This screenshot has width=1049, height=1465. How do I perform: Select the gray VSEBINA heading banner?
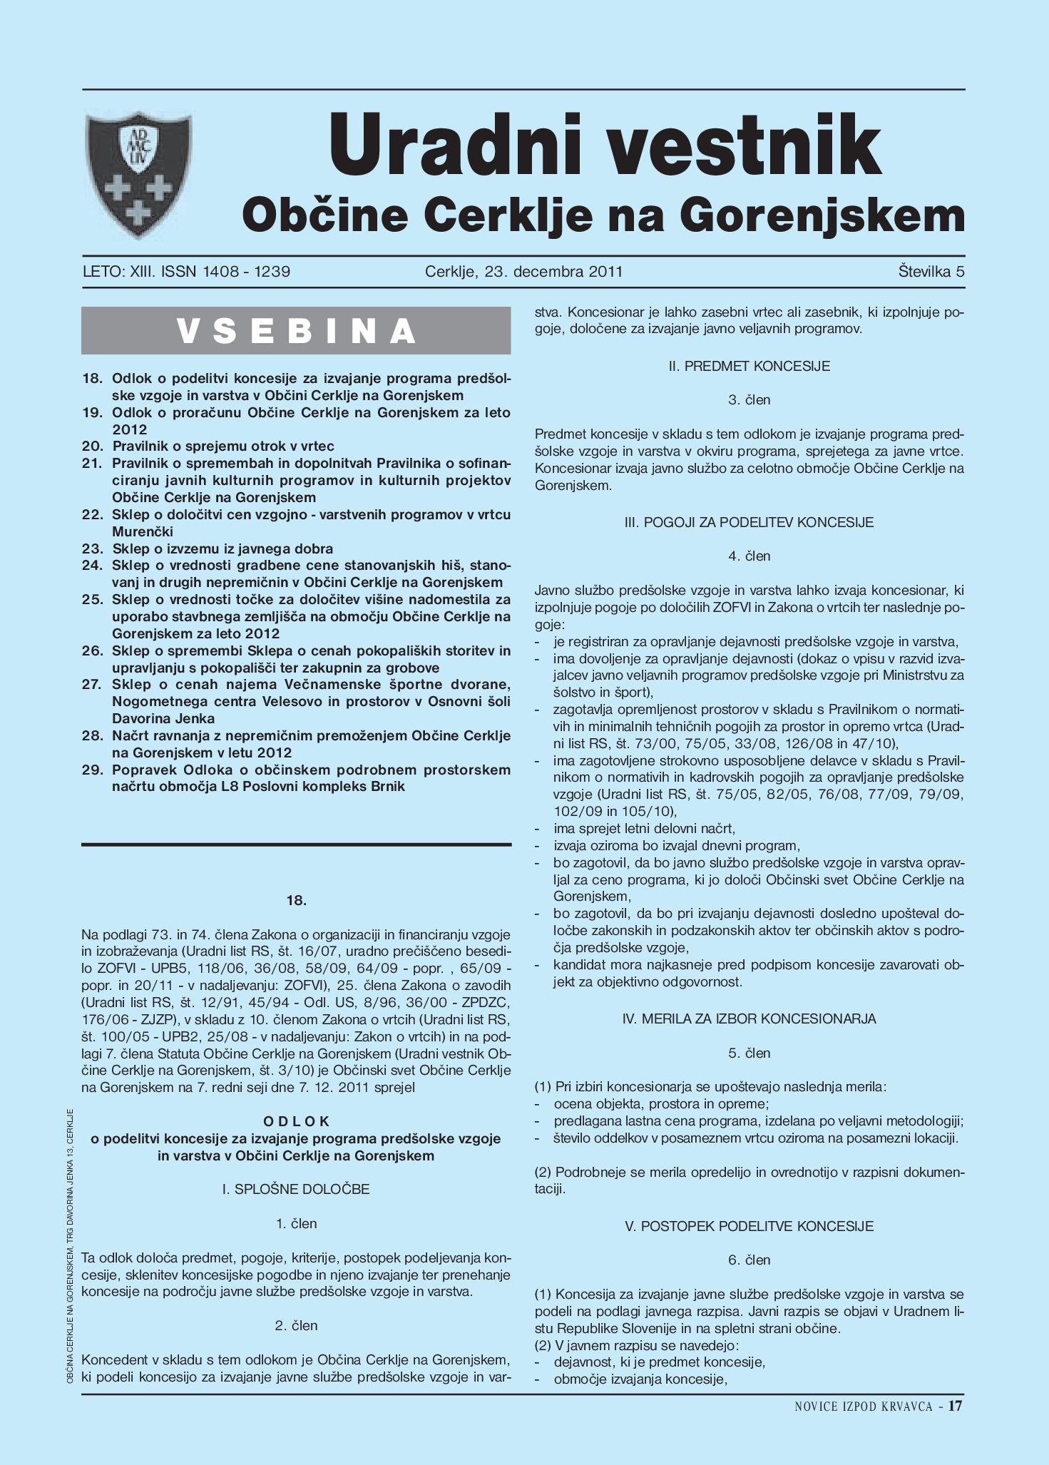click(296, 331)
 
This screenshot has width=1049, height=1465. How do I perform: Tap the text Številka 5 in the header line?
click(931, 272)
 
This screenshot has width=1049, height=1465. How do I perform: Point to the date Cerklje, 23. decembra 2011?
click(523, 272)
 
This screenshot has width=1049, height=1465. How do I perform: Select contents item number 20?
click(222, 446)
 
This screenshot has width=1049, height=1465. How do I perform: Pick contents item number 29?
click(311, 778)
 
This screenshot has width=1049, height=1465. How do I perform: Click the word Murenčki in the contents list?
click(143, 532)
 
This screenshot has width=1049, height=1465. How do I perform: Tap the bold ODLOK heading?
click(296, 1121)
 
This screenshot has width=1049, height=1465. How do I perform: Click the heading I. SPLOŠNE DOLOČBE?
click(296, 1189)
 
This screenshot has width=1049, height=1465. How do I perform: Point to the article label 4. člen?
click(749, 556)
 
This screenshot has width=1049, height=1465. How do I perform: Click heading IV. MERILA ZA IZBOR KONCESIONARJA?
click(749, 1019)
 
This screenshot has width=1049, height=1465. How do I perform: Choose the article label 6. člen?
click(749, 1260)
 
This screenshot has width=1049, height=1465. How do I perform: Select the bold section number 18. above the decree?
click(296, 900)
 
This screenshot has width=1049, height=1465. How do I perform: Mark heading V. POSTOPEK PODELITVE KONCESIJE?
click(749, 1226)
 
